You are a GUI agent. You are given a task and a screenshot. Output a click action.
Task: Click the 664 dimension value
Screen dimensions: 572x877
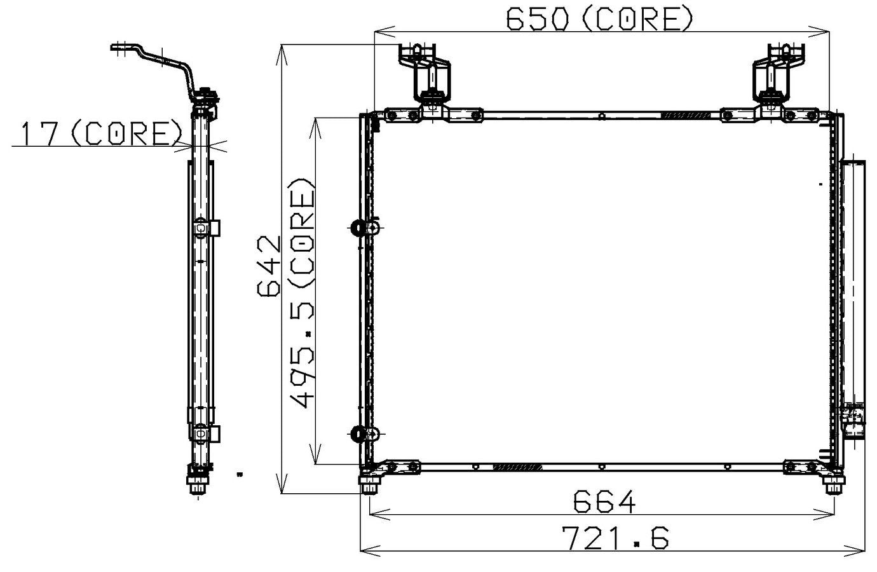pos(603,502)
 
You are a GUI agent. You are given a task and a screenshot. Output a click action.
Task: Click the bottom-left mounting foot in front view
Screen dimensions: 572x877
pos(370,485)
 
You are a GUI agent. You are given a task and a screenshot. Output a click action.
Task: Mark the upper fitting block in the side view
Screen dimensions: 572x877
pos(203,227)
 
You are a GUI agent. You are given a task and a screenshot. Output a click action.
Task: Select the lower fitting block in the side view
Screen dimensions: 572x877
pos(203,433)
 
